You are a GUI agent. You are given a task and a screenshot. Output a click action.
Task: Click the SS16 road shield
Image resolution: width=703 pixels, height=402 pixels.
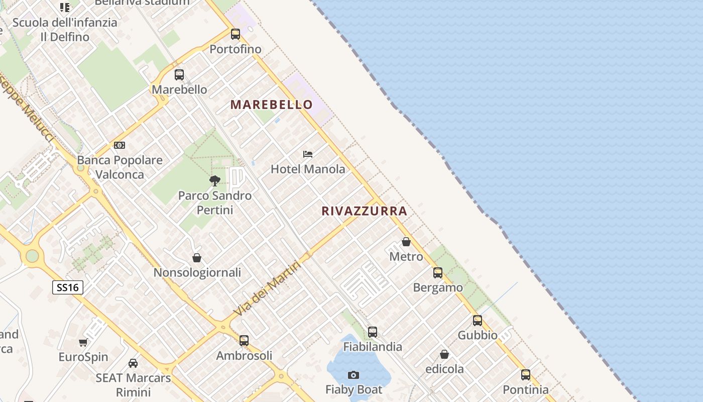pos(67,287)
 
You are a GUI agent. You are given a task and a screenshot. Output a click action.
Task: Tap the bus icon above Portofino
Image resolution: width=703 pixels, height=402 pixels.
pos(236,34)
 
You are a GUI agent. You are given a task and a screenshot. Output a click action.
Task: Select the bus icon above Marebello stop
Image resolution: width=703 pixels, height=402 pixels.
pos(179,75)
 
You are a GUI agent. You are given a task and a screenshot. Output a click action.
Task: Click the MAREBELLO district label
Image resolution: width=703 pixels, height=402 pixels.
pos(272,105)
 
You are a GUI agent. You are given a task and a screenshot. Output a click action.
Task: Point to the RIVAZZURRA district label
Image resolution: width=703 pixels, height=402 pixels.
pos(364,211)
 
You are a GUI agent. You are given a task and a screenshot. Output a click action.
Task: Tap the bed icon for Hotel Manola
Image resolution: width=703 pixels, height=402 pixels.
pos(308,154)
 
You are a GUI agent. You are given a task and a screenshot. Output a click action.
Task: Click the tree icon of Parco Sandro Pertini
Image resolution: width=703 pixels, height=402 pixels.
pos(215,180)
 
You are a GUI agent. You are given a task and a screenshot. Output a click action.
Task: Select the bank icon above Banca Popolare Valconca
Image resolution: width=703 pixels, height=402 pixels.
pos(120,145)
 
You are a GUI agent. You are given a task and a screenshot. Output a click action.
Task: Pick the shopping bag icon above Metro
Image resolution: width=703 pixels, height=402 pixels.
pos(406,242)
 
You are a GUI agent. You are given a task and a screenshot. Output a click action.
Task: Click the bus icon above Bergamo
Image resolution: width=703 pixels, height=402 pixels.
pos(438,273)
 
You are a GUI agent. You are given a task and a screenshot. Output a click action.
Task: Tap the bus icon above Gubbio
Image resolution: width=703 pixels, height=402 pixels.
pos(478,320)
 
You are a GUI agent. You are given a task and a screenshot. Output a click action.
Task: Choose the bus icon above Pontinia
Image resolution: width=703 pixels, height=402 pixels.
pos(526,374)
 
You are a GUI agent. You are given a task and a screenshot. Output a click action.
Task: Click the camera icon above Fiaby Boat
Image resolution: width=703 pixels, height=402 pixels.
pos(354,375)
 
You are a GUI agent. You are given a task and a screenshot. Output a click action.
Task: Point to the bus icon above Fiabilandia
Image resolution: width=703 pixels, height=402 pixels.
pos(373,332)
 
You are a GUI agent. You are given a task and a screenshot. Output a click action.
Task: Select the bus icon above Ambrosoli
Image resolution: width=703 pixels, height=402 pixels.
pos(244,340)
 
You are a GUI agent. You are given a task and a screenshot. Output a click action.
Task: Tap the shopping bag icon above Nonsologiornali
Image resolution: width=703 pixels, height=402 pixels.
pos(197,258)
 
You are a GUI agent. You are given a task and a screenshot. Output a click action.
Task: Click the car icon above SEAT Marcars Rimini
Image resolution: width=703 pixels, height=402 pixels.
pos(133,363)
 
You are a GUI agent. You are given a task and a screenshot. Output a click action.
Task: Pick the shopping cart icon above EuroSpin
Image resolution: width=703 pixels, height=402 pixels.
pos(83,342)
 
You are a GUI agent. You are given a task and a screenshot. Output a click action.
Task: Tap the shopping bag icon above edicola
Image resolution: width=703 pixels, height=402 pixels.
pos(444,354)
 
